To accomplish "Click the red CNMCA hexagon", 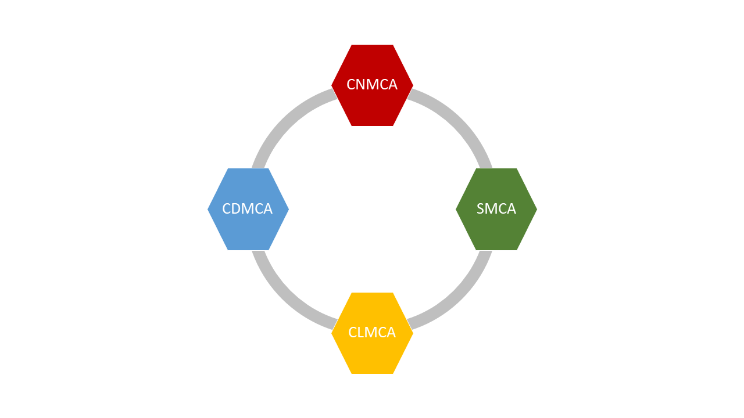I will pyautogui.click(x=372, y=107).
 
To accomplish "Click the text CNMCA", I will pyautogui.click(x=372, y=85).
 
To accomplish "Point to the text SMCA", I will pyautogui.click(x=496, y=209).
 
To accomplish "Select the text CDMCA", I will pyautogui.click(x=248, y=209).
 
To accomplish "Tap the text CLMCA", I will pyautogui.click(x=372, y=333).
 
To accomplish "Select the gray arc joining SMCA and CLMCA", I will pyautogui.click(x=459, y=296).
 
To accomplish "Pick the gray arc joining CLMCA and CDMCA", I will pyautogui.click(x=285, y=296).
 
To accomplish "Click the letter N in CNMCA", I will pyautogui.click(x=360, y=85).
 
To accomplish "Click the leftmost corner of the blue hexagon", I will pyautogui.click(x=209, y=209).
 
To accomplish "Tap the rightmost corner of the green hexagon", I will pyautogui.click(x=536, y=209).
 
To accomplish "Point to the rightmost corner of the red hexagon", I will pyautogui.click(x=412, y=85).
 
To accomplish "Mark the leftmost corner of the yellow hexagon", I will pyautogui.click(x=332, y=333).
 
